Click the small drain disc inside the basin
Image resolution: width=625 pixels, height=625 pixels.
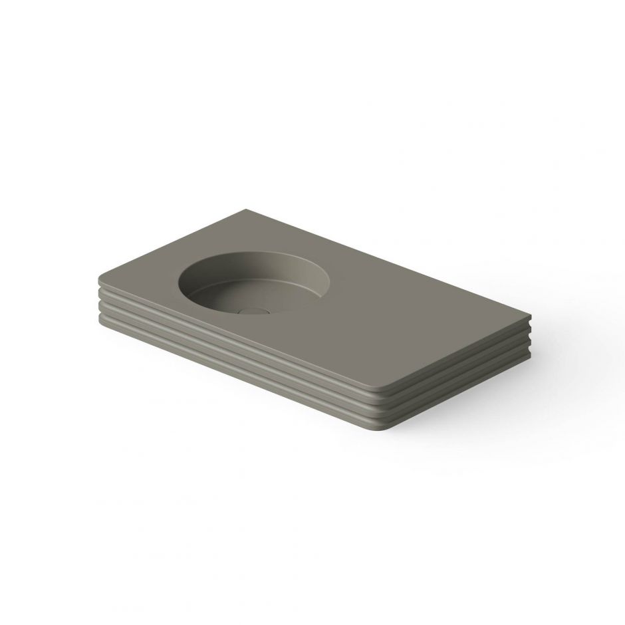(252, 310)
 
